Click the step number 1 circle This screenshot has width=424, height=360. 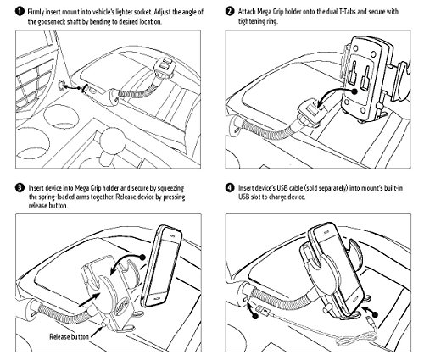pyautogui.click(x=20, y=12)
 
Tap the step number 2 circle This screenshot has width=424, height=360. pyautogui.click(x=230, y=12)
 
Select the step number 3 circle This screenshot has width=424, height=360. pyautogui.click(x=20, y=188)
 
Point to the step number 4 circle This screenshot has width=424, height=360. pyautogui.click(x=230, y=188)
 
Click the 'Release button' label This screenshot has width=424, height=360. pyautogui.click(x=69, y=336)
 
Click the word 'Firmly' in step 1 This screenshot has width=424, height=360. pyautogui.click(x=36, y=12)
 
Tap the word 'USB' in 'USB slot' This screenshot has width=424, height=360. pyautogui.click(x=243, y=197)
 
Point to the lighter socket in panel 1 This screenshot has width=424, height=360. pyautogui.click(x=62, y=85)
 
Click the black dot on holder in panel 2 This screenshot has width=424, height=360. pyautogui.click(x=354, y=91)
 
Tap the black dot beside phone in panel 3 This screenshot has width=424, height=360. pyautogui.click(x=142, y=257)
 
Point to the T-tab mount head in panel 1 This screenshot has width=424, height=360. pyautogui.click(x=165, y=68)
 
